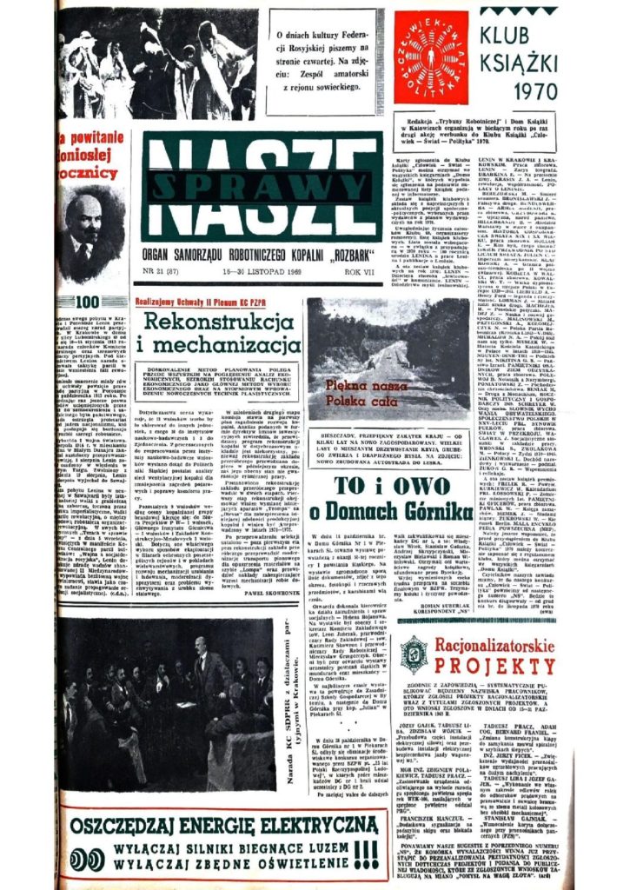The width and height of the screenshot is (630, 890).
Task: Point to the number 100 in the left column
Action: pyautogui.click(x=90, y=302)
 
